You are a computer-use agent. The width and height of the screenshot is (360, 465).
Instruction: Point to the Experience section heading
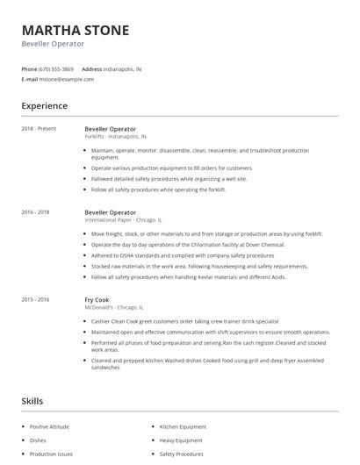(44, 106)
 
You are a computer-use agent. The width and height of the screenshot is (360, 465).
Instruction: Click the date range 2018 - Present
(39, 129)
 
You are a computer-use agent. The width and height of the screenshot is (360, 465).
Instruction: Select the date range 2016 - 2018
(35, 212)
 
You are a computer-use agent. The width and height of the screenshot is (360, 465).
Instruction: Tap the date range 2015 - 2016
(35, 299)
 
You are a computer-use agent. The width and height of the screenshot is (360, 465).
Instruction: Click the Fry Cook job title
(97, 299)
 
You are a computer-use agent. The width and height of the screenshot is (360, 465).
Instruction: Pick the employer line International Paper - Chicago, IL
(124, 220)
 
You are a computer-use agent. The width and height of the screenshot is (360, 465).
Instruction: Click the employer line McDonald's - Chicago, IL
(113, 307)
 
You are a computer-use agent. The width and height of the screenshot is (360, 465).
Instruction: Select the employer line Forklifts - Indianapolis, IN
(116, 137)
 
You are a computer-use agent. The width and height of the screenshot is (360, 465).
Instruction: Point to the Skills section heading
(32, 401)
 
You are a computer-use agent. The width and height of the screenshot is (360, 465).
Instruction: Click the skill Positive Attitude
(49, 426)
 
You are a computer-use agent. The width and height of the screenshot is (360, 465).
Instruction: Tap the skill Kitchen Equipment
(183, 426)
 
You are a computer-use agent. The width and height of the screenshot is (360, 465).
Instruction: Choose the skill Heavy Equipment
(181, 440)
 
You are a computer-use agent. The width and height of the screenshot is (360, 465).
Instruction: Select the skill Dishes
(38, 440)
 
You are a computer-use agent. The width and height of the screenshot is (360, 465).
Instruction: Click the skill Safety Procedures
(181, 454)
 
